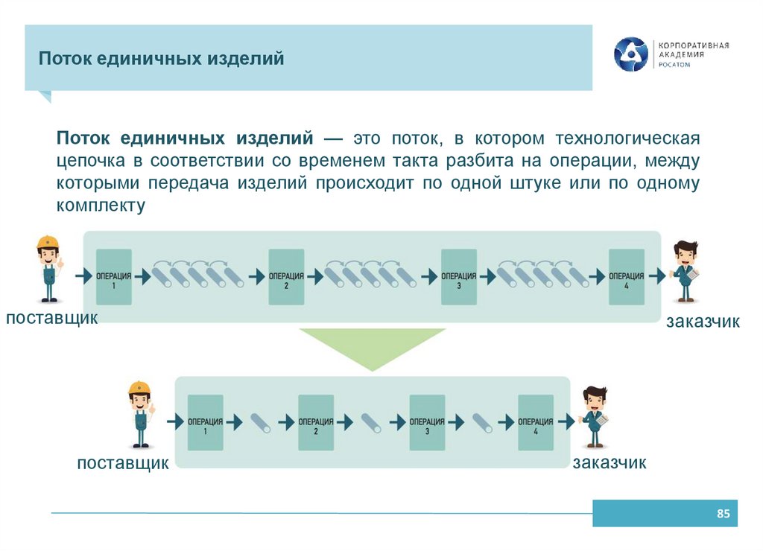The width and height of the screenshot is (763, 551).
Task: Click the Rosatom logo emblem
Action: pos(630,54)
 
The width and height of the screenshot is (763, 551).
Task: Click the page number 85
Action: pos(722,514)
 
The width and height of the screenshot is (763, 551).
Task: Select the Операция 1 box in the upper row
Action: pos(114,276)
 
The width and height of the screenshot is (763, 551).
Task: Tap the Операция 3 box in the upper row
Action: pos(459,276)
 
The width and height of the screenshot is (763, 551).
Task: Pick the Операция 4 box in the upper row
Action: pos(627,276)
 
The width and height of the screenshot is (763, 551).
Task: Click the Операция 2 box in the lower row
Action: pos(316,422)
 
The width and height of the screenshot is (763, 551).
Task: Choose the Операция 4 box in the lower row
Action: pos(536,422)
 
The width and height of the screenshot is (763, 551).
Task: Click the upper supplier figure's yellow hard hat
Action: pos(48,243)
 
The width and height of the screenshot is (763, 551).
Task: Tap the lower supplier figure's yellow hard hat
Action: pos(139,388)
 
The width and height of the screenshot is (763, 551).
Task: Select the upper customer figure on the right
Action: pos(686,271)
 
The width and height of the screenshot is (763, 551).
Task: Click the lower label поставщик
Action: pos(123,464)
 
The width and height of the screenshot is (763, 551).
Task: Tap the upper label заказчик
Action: pos(703,322)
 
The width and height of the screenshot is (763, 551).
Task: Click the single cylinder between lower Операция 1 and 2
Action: pos(262,422)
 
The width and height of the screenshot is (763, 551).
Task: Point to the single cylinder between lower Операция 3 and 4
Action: pos(482,422)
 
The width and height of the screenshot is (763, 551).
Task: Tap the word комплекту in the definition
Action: pos(101,206)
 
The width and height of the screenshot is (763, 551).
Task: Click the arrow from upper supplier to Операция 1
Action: pos(82,276)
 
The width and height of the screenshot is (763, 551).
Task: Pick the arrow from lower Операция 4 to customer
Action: pos(564,422)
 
